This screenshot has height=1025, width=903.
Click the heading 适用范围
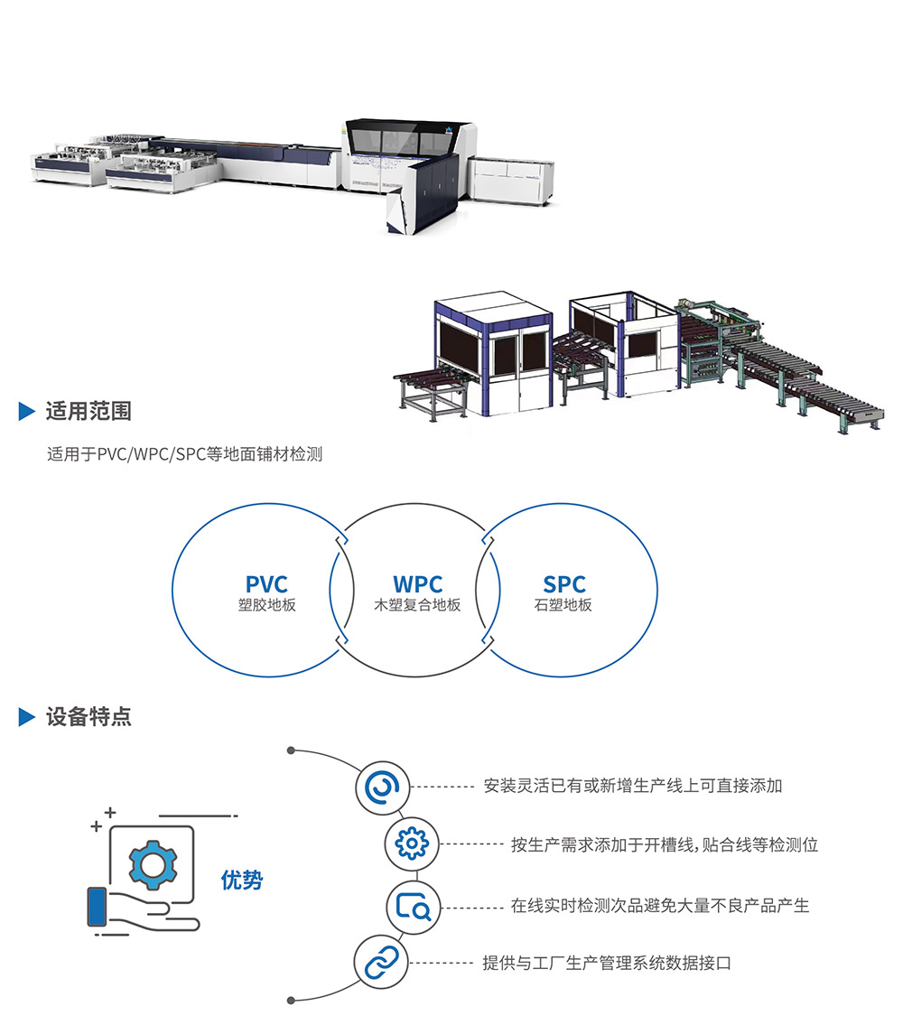[x=88, y=412]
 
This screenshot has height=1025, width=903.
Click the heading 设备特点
[x=88, y=717]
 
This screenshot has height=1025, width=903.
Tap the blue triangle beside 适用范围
[x=27, y=412]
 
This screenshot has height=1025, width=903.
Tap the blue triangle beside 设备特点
[x=27, y=717]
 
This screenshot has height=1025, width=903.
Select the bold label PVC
[x=266, y=585]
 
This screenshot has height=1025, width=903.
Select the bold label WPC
[x=417, y=585]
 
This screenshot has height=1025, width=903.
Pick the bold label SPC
[x=564, y=585]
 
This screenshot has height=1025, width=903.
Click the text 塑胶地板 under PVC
[x=266, y=605]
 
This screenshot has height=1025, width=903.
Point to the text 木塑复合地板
[x=417, y=605]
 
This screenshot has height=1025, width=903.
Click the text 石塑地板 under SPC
[x=563, y=605]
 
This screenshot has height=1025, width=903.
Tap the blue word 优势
[x=242, y=880]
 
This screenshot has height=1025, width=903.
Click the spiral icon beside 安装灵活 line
[x=383, y=786]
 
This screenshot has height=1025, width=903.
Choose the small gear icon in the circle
[x=413, y=844]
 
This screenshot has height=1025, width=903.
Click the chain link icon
[x=381, y=964]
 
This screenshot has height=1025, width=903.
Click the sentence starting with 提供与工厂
[x=607, y=964]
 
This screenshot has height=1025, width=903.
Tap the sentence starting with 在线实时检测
[x=660, y=905]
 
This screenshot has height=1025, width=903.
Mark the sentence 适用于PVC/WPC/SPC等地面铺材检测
[x=184, y=454]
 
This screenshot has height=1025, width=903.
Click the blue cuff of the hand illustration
[x=97, y=907]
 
